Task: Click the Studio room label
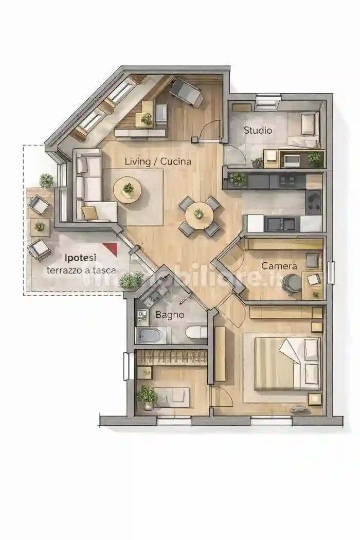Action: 258,130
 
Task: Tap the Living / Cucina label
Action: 158,161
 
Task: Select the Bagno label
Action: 170,314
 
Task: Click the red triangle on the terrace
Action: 112,248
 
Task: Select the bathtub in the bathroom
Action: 149,335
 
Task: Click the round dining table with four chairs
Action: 199,216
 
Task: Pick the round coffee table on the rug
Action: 128,190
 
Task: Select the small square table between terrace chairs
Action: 40,227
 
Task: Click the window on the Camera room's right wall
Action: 331,273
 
